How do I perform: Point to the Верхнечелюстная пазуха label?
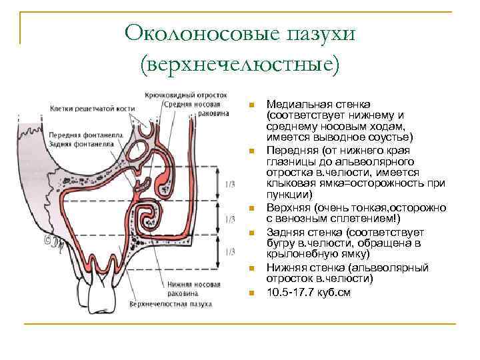(172, 304)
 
